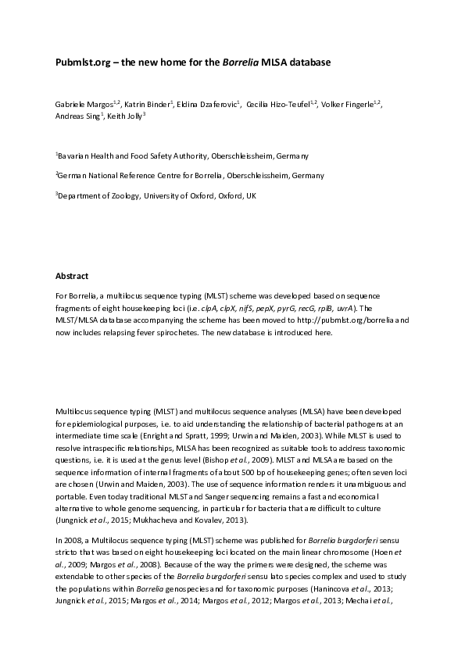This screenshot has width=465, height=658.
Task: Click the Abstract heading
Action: click(x=72, y=276)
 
